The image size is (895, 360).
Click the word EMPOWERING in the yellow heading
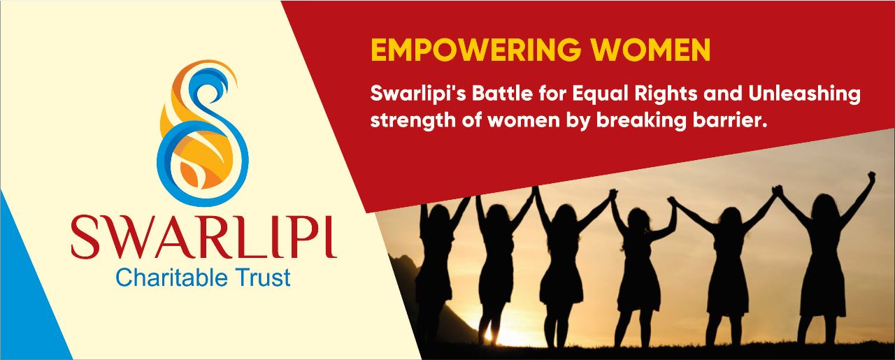pos(476,50)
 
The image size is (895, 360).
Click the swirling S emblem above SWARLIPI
pos(203,132)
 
